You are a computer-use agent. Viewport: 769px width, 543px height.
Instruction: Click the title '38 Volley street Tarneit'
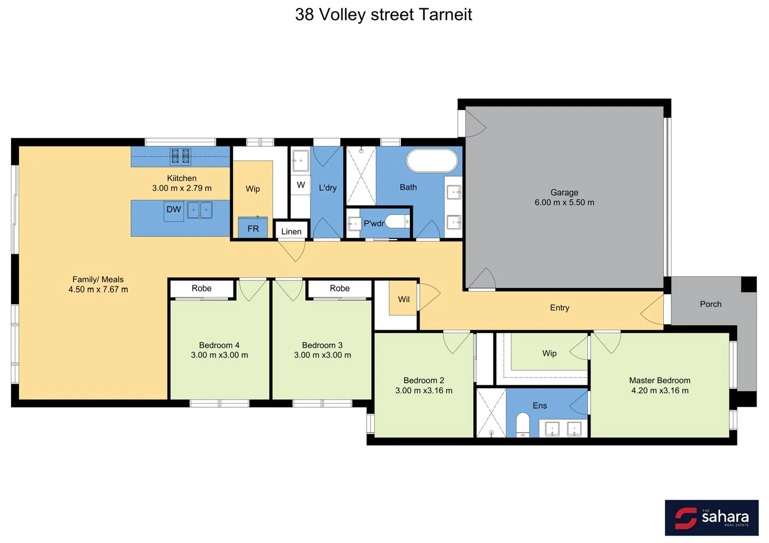click(383, 15)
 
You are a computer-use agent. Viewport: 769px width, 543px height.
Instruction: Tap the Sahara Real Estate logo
click(711, 517)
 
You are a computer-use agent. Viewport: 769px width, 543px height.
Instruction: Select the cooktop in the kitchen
click(180, 156)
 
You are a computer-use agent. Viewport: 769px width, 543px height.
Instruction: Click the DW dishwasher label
click(174, 210)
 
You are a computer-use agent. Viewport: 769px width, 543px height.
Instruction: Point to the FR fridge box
click(253, 228)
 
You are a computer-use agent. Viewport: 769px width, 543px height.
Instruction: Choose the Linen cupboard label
click(291, 231)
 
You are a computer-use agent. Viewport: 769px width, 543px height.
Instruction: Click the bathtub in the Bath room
click(432, 161)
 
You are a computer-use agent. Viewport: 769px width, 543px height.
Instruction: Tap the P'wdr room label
click(373, 223)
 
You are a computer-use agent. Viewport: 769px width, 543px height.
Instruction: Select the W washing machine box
click(301, 185)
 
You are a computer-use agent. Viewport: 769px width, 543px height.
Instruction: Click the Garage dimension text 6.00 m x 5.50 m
click(564, 203)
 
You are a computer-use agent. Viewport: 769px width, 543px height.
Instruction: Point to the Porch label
click(710, 304)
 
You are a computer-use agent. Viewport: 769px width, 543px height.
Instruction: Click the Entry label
click(559, 308)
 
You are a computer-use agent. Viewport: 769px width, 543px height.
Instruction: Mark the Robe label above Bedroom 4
click(202, 289)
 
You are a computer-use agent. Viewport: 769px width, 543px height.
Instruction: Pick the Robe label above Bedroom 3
click(339, 289)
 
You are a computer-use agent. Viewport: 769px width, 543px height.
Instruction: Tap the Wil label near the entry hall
click(404, 300)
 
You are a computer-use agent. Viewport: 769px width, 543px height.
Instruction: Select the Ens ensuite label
click(540, 406)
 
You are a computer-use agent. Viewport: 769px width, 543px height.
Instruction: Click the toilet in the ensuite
click(523, 425)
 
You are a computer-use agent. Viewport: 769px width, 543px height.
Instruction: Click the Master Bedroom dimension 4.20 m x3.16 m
click(660, 391)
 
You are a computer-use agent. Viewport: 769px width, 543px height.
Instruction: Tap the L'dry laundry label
click(327, 188)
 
